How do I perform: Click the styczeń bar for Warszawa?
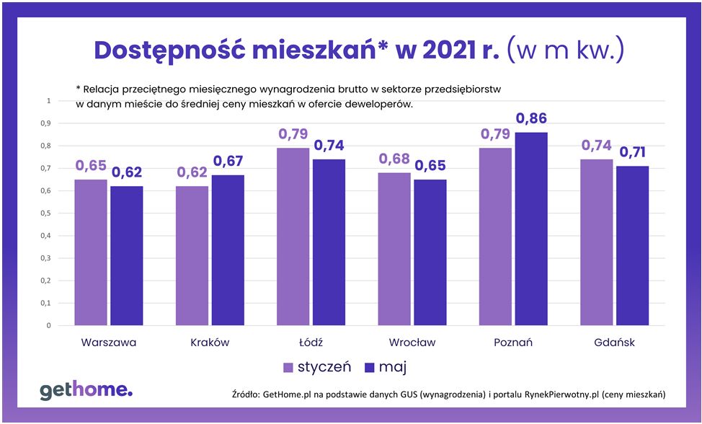92,252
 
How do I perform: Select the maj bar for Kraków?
227,250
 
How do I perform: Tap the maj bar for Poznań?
531,229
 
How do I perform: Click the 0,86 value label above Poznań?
532,118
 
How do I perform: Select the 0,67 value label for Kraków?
228,161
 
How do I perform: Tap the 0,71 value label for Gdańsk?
634,152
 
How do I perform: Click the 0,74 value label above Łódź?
329,145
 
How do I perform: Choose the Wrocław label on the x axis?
412,343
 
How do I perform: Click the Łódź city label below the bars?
311,343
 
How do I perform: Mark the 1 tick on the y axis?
48,101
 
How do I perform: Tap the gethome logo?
86,391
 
